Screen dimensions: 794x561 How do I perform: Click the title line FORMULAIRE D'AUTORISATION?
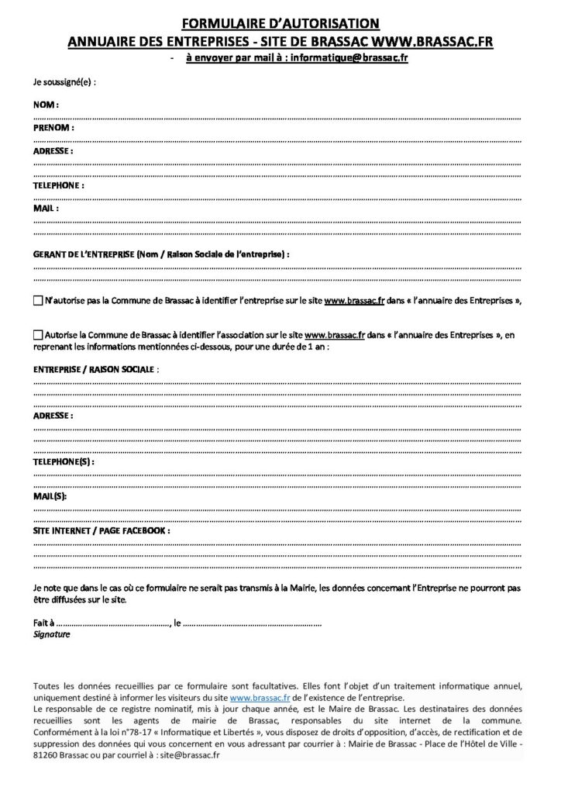(x=280, y=25)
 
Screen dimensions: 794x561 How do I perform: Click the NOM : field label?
(x=46, y=104)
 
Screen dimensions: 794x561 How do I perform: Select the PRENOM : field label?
(x=53, y=126)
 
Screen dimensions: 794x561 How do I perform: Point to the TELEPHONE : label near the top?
(x=59, y=187)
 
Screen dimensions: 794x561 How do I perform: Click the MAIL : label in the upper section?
(x=46, y=209)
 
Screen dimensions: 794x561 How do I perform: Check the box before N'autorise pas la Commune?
(x=39, y=300)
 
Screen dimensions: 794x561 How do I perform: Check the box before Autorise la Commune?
(x=39, y=335)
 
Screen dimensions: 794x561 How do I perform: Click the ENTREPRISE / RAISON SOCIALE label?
(x=94, y=371)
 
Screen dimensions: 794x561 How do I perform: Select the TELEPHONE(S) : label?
(x=64, y=462)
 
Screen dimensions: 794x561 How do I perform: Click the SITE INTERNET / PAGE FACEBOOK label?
(x=101, y=531)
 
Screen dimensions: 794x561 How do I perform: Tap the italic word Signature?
(x=52, y=634)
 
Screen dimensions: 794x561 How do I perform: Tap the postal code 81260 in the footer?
(x=47, y=755)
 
